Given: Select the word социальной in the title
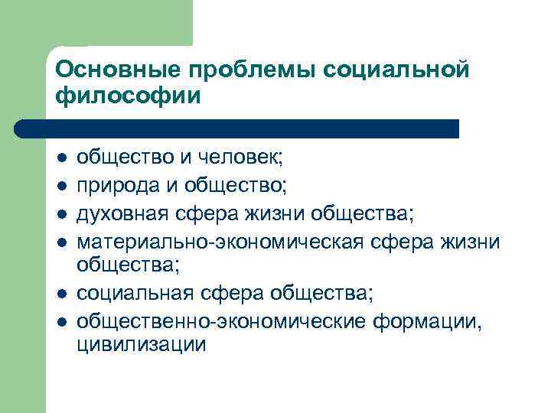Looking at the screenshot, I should point(396,70).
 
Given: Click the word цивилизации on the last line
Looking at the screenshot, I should point(141,345).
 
